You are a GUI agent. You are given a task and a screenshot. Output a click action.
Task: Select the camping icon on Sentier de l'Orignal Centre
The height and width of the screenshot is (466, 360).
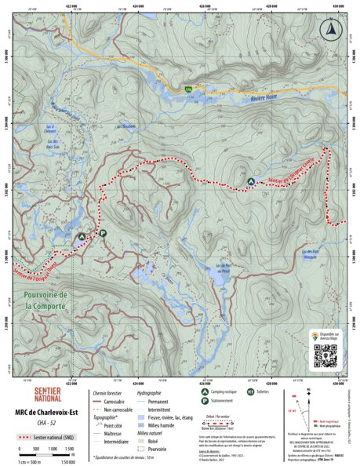(x=251, y=181)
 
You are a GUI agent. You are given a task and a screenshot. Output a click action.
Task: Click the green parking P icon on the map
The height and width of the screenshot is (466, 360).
(x=102, y=233)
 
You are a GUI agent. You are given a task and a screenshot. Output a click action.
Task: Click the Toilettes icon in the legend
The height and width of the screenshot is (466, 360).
(x=250, y=391)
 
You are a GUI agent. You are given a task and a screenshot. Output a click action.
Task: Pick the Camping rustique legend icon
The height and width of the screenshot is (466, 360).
(x=204, y=391)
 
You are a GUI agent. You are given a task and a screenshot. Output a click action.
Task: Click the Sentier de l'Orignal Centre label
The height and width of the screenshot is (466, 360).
(x=292, y=168)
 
